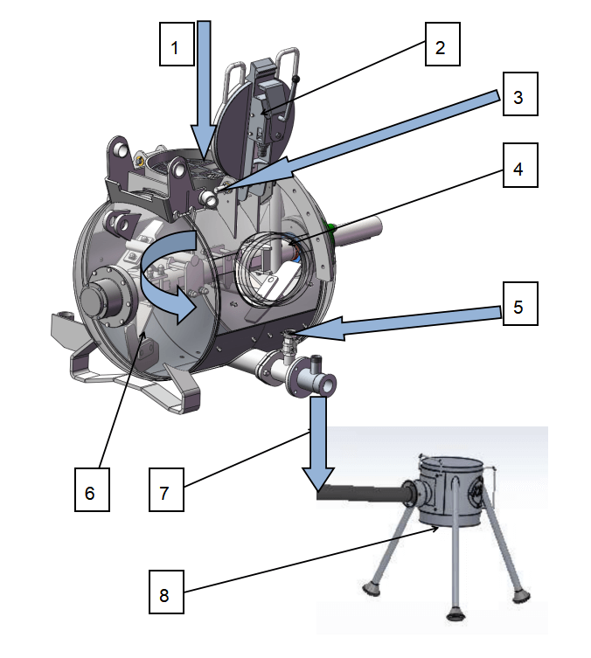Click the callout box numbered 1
[177, 44]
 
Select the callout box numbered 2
[442, 44]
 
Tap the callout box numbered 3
[520, 94]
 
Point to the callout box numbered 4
[520, 165]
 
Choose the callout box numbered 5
[520, 303]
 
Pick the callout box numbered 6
[92, 489]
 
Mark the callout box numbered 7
[166, 489]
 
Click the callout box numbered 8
[166, 592]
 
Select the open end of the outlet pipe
[328, 384]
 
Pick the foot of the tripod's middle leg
[455, 615]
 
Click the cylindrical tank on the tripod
[452, 491]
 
